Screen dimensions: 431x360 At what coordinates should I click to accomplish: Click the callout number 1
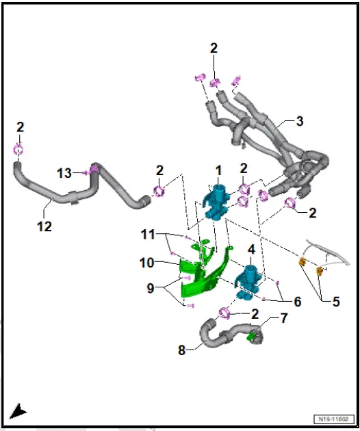(x=218, y=169)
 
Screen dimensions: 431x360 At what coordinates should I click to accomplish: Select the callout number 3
(x=299, y=122)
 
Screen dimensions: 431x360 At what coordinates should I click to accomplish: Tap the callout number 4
(x=251, y=250)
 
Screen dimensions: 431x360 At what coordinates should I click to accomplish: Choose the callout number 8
(x=182, y=350)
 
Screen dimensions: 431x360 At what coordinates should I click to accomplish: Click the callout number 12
(x=44, y=226)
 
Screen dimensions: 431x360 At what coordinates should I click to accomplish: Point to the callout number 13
(x=64, y=174)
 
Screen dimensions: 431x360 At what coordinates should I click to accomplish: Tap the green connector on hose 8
(x=252, y=336)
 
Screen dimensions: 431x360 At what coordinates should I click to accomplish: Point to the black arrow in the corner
(x=18, y=410)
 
